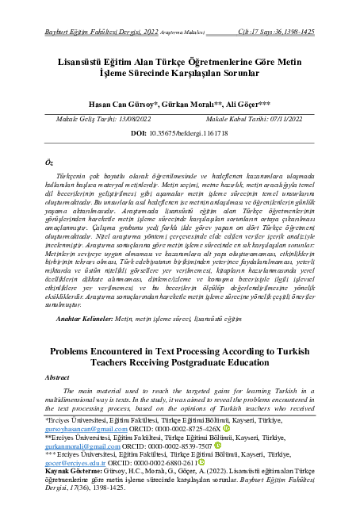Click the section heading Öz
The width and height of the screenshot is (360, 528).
coord(49,161)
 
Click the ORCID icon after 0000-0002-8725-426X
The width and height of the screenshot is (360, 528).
coord(226,448)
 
